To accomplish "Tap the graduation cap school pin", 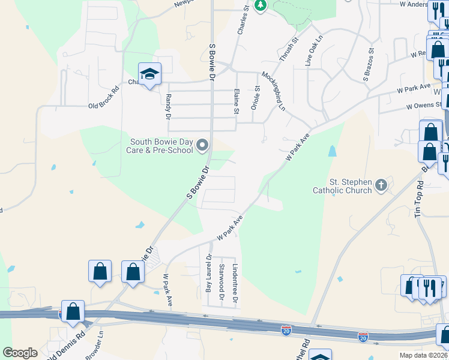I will tap(149, 74).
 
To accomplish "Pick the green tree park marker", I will tap(260, 5).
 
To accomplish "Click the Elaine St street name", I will tap(236, 100).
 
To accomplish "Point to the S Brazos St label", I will tap(368, 65).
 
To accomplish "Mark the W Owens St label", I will tap(424, 106).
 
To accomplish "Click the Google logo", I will tap(20, 353).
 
